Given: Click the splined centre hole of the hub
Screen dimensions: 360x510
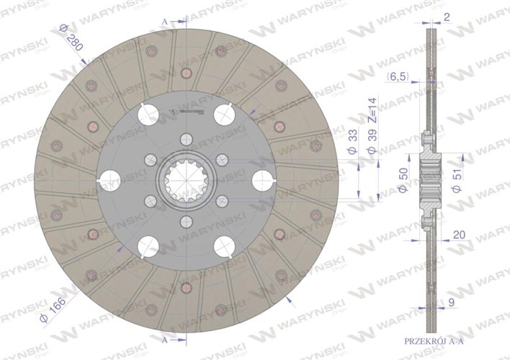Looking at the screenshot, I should [184, 180].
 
